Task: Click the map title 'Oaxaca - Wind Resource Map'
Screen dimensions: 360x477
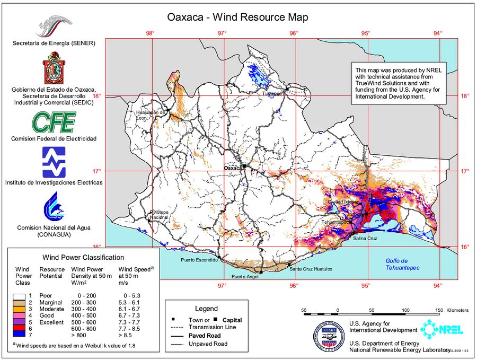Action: [238, 17]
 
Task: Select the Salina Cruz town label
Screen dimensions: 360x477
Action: [366, 239]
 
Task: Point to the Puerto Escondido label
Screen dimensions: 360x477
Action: [199, 260]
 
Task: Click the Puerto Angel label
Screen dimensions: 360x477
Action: [245, 276]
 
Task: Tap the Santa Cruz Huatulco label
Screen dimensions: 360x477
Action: [312, 269]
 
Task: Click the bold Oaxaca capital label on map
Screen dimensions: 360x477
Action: [233, 168]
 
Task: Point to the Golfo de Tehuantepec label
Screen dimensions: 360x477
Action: [402, 264]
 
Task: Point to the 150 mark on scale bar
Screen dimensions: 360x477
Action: [439, 310]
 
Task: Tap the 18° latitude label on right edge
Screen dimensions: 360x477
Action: [465, 96]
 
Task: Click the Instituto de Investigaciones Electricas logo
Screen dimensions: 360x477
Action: [54, 162]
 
